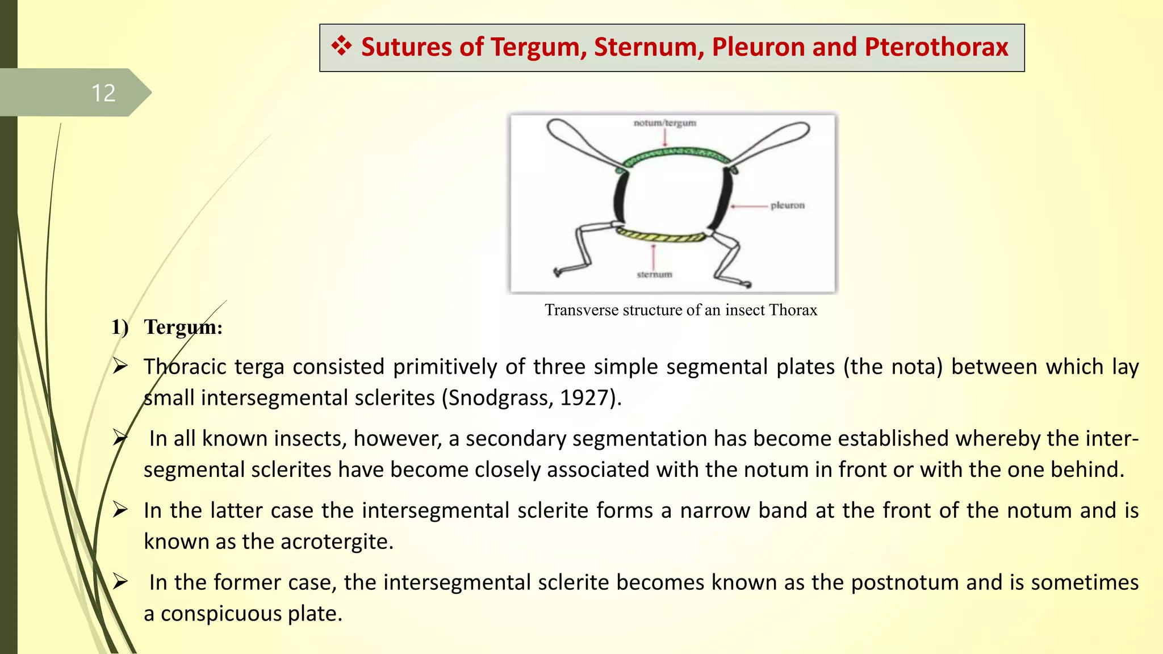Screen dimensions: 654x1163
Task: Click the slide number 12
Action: tap(103, 93)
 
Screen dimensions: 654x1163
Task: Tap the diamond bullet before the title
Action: tap(341, 46)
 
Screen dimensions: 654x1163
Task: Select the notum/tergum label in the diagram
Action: tap(664, 123)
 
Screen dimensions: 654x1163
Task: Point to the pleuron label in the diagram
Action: tap(787, 206)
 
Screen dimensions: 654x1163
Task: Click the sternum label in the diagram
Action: tap(654, 275)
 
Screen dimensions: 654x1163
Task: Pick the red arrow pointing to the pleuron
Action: tap(748, 206)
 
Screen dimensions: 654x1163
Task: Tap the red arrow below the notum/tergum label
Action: tap(665, 137)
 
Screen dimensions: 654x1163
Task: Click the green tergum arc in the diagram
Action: tap(676, 154)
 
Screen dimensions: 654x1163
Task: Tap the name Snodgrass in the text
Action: tap(499, 398)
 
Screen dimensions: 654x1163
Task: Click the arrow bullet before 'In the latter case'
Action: tap(120, 510)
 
